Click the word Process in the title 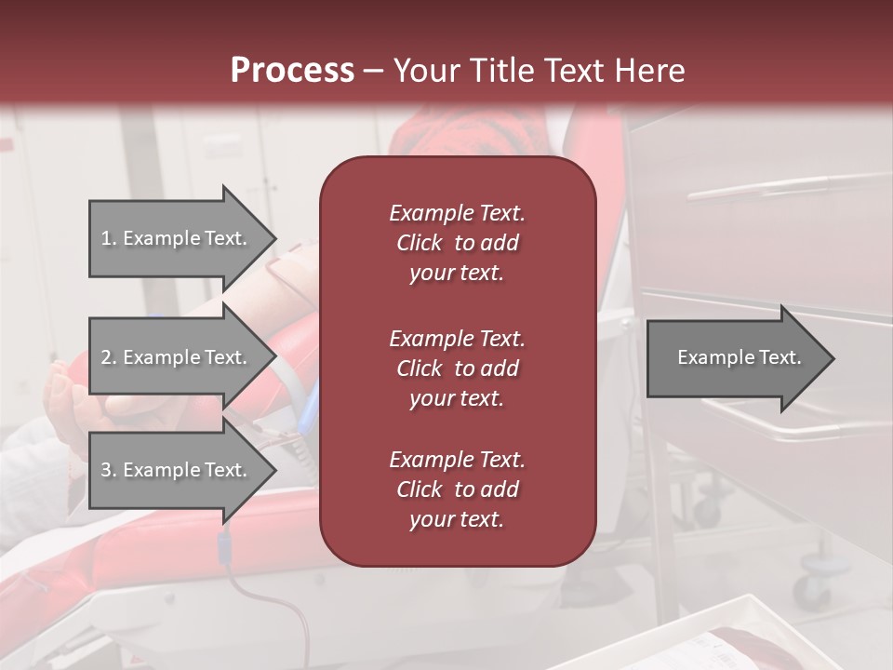292,70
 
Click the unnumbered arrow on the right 740,358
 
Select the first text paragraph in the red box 457,243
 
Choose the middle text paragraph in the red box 457,368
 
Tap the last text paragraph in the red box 457,489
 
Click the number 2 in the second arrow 107,357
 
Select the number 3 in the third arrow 107,470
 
